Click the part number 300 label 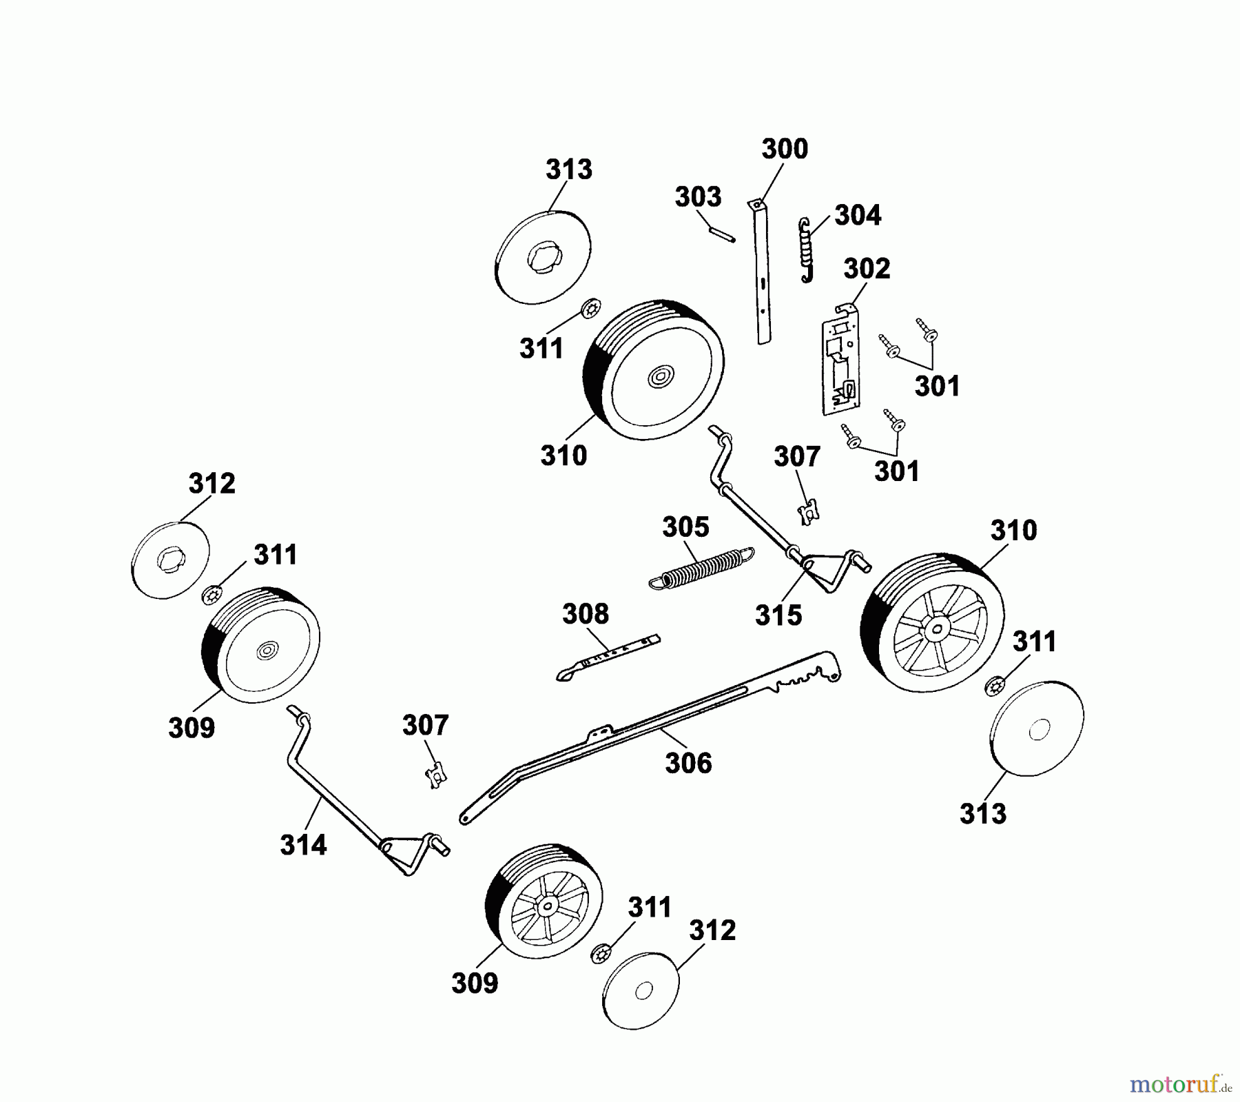click(785, 149)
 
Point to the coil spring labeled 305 click(701, 569)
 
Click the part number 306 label click(688, 763)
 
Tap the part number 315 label click(778, 615)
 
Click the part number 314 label click(303, 844)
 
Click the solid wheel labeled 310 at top click(654, 370)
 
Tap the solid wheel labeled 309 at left click(262, 645)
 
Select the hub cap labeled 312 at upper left click(170, 560)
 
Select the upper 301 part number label click(937, 386)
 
